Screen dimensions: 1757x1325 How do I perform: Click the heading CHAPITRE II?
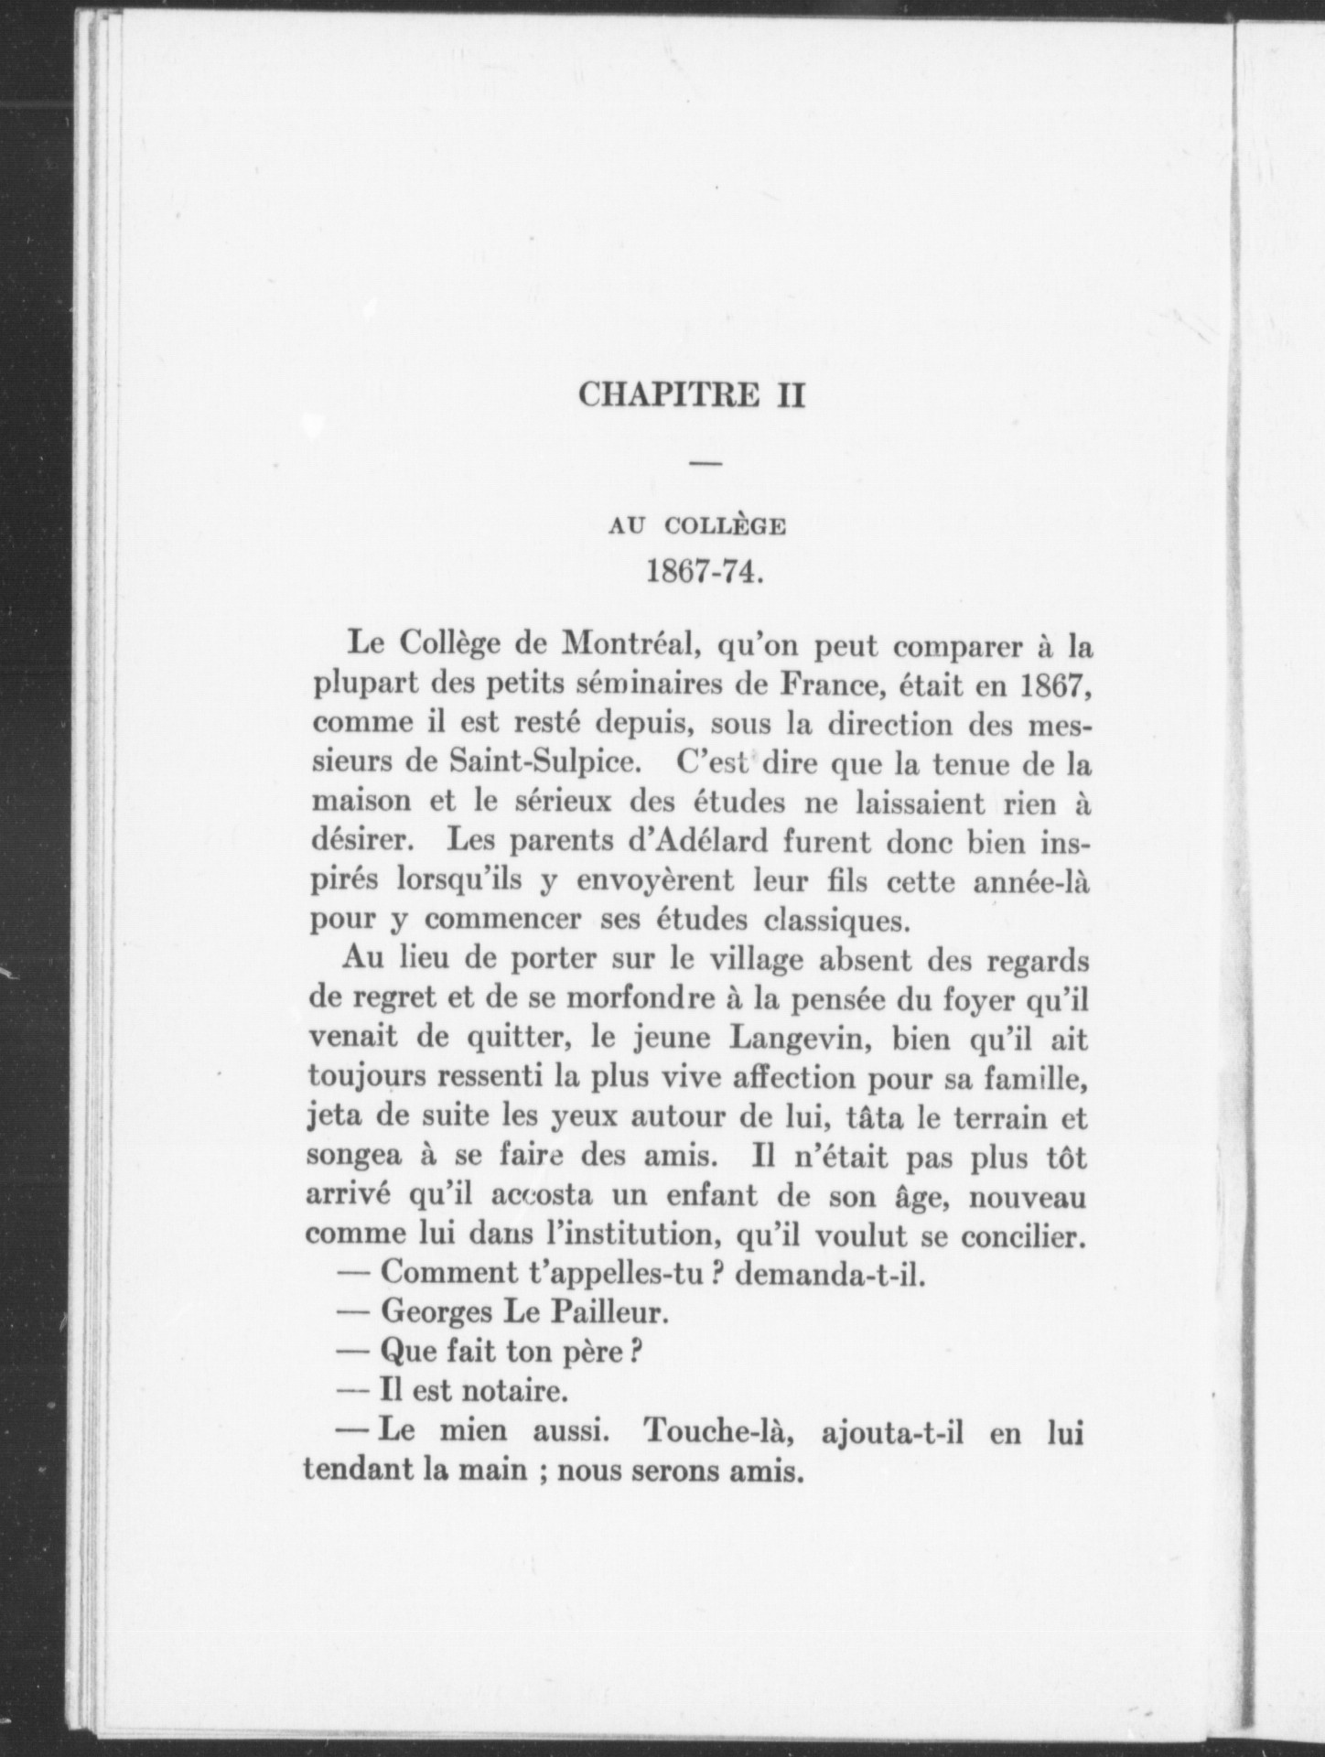693,396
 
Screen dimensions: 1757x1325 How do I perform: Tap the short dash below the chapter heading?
706,464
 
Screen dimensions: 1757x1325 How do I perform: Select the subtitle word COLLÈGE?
726,526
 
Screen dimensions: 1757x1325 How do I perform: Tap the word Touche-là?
712,1433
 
